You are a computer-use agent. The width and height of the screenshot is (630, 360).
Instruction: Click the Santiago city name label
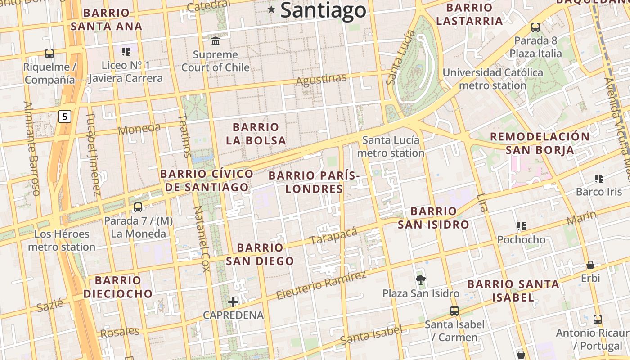[x=323, y=11]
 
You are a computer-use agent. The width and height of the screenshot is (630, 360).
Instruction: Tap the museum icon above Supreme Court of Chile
[x=216, y=41]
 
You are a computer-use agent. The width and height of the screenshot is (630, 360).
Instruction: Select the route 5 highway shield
[x=65, y=117]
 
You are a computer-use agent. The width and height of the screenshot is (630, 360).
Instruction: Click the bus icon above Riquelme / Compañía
[x=49, y=54]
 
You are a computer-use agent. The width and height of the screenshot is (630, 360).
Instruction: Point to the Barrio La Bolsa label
[x=256, y=134]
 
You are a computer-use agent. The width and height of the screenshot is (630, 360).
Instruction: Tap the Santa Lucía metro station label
[x=391, y=147]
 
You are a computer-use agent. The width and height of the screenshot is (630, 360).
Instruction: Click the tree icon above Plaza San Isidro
[x=421, y=280]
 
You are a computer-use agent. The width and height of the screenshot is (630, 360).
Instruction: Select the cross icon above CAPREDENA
[x=233, y=302]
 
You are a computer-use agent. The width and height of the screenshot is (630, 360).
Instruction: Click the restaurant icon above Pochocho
[x=522, y=226]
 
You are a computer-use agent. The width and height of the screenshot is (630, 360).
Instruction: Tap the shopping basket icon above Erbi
[x=590, y=265]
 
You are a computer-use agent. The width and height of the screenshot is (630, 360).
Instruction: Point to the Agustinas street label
[x=321, y=80]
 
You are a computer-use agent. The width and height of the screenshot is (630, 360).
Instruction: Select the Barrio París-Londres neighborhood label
[x=314, y=182]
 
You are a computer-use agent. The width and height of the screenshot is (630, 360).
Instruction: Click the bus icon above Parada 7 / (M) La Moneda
[x=138, y=207]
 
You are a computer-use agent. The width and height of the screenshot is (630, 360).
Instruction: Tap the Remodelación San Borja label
[x=540, y=143]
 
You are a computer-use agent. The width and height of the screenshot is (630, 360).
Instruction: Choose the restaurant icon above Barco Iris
[x=598, y=179]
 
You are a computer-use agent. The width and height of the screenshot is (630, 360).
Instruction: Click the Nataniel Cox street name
[x=201, y=239]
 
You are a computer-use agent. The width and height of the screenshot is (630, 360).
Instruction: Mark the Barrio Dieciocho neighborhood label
[x=118, y=287]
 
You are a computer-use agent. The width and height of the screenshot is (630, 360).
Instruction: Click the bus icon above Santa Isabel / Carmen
[x=454, y=310]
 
